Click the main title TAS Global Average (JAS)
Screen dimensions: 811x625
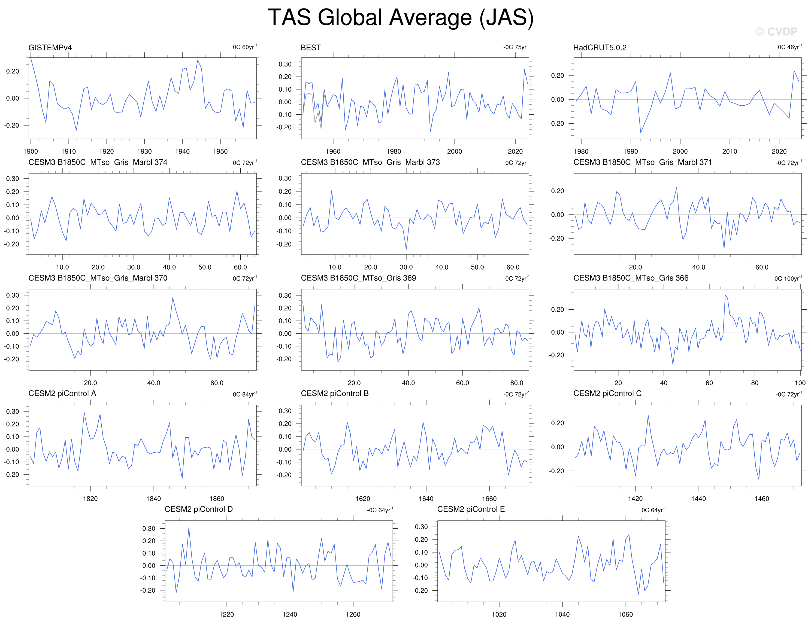click(x=401, y=17)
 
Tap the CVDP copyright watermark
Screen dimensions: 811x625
click(x=776, y=32)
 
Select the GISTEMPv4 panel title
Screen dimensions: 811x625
click(x=50, y=47)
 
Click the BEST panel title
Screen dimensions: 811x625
click(x=311, y=47)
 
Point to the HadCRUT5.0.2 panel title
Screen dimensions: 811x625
click(x=600, y=47)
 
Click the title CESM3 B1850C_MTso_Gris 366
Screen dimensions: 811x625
click(x=631, y=278)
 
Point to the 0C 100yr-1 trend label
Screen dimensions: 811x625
click(x=788, y=278)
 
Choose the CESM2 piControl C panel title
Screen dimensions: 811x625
click(x=607, y=394)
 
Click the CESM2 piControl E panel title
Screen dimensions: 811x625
click(x=471, y=509)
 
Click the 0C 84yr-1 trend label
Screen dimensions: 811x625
click(x=245, y=394)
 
